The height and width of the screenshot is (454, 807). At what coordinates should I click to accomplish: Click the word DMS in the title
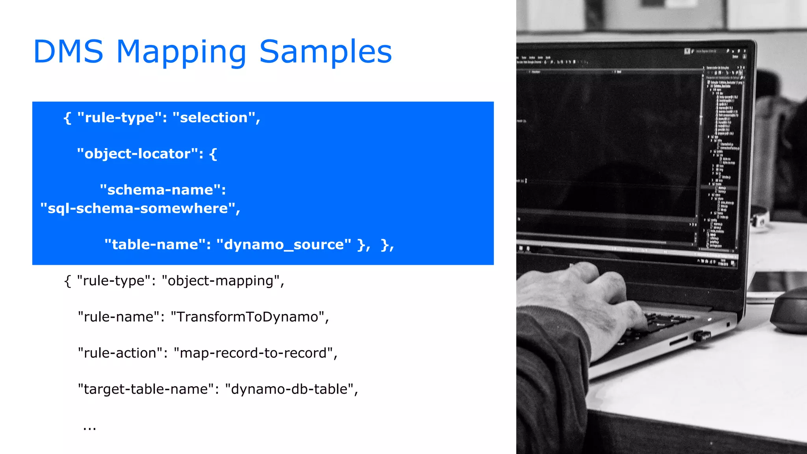[68, 52]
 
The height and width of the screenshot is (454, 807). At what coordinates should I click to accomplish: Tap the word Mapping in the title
[182, 52]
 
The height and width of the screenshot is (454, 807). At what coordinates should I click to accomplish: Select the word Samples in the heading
[325, 52]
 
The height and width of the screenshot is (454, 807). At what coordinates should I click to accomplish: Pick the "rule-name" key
[119, 317]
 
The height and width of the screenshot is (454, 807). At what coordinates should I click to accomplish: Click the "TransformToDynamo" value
[247, 317]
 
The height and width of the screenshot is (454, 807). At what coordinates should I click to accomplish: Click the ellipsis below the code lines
[89, 427]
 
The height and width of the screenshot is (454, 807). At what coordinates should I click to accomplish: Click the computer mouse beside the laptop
[790, 311]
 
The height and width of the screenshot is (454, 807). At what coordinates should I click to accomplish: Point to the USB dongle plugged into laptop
[702, 336]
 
